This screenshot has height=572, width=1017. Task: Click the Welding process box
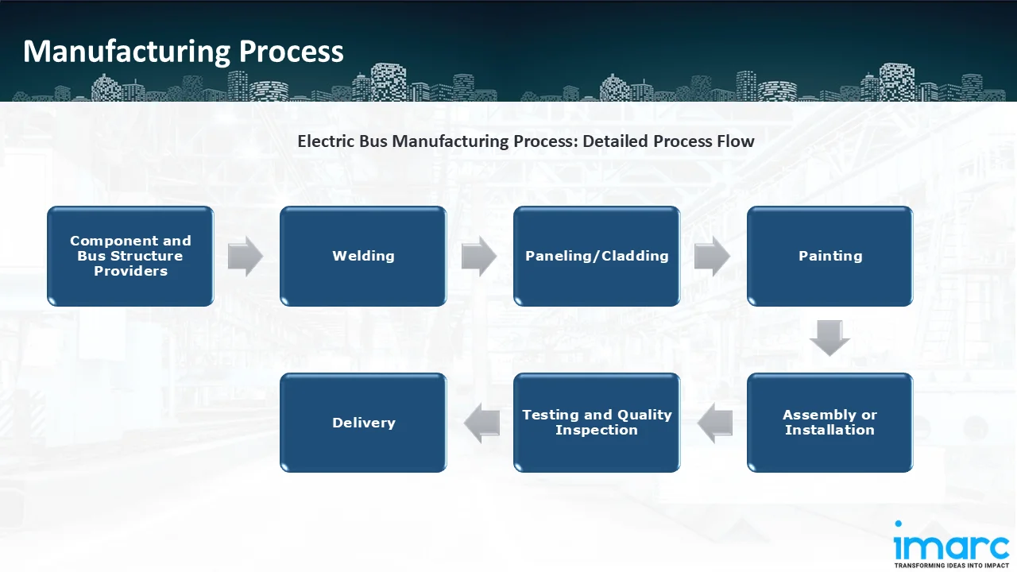click(363, 256)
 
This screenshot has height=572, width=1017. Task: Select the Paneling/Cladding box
click(597, 256)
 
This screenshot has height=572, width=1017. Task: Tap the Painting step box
click(829, 256)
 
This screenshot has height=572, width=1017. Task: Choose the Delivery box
click(363, 423)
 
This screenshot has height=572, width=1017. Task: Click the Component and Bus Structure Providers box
click(130, 256)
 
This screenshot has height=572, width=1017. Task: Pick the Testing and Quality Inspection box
click(597, 423)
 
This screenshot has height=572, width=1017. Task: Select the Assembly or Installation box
click(829, 423)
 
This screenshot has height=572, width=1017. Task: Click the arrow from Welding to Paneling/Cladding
click(479, 256)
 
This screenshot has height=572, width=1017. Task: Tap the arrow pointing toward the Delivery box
click(481, 423)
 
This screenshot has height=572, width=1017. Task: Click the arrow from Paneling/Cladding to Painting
click(712, 256)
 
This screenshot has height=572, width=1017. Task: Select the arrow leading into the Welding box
click(246, 256)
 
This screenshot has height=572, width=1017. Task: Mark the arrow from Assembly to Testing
click(715, 423)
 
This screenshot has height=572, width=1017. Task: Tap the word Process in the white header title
click(292, 51)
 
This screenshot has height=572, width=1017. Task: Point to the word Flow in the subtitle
click(736, 141)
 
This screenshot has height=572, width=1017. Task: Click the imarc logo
click(951, 544)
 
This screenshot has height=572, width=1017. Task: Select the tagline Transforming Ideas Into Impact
click(951, 566)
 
